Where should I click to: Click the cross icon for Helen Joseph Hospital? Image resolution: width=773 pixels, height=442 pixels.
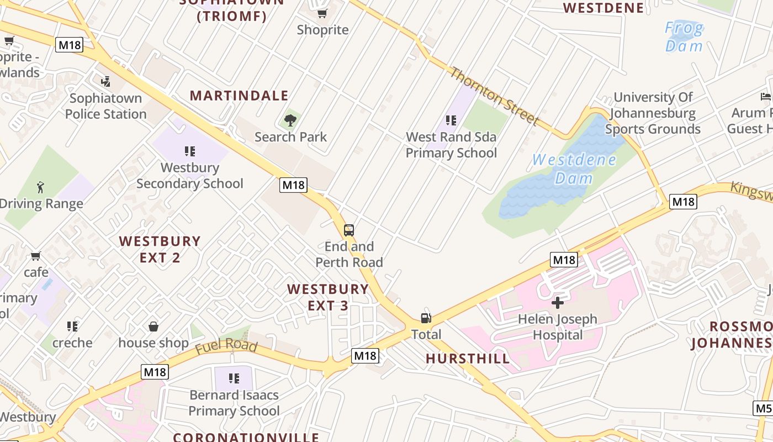pyautogui.click(x=558, y=303)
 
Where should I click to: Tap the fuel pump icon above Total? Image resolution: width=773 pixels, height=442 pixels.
pyautogui.click(x=426, y=318)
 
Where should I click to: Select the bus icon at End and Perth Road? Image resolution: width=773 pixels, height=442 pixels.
pyautogui.click(x=349, y=230)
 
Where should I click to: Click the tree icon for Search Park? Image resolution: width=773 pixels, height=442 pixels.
pyautogui.click(x=290, y=120)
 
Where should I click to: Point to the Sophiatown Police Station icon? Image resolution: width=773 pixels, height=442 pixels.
pyautogui.click(x=105, y=82)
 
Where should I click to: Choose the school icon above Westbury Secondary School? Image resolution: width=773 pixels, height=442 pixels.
pyautogui.click(x=190, y=151)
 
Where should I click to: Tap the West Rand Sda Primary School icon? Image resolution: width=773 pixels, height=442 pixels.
pyautogui.click(x=451, y=120)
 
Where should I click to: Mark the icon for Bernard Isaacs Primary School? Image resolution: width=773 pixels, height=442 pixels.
pyautogui.click(x=234, y=378)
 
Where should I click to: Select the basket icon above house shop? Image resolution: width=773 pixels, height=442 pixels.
pyautogui.click(x=153, y=327)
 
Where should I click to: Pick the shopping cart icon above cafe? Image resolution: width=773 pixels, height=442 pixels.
pyautogui.click(x=36, y=256)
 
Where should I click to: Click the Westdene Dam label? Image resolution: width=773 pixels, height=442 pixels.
pyautogui.click(x=574, y=169)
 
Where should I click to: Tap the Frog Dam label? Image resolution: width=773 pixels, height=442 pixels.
pyautogui.click(x=684, y=36)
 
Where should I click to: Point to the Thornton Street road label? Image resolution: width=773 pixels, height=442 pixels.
pyautogui.click(x=494, y=96)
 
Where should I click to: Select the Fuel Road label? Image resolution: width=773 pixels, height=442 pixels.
pyautogui.click(x=226, y=346)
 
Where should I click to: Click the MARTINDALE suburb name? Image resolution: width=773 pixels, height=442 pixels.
pyautogui.click(x=239, y=96)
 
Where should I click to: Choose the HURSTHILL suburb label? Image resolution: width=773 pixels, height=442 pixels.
pyautogui.click(x=468, y=359)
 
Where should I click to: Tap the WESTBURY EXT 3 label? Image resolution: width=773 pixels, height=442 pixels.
pyautogui.click(x=328, y=297)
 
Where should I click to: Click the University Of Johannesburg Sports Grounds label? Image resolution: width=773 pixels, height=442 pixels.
pyautogui.click(x=653, y=113)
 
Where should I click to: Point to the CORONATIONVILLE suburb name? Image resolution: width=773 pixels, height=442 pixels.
pyautogui.click(x=246, y=437)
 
